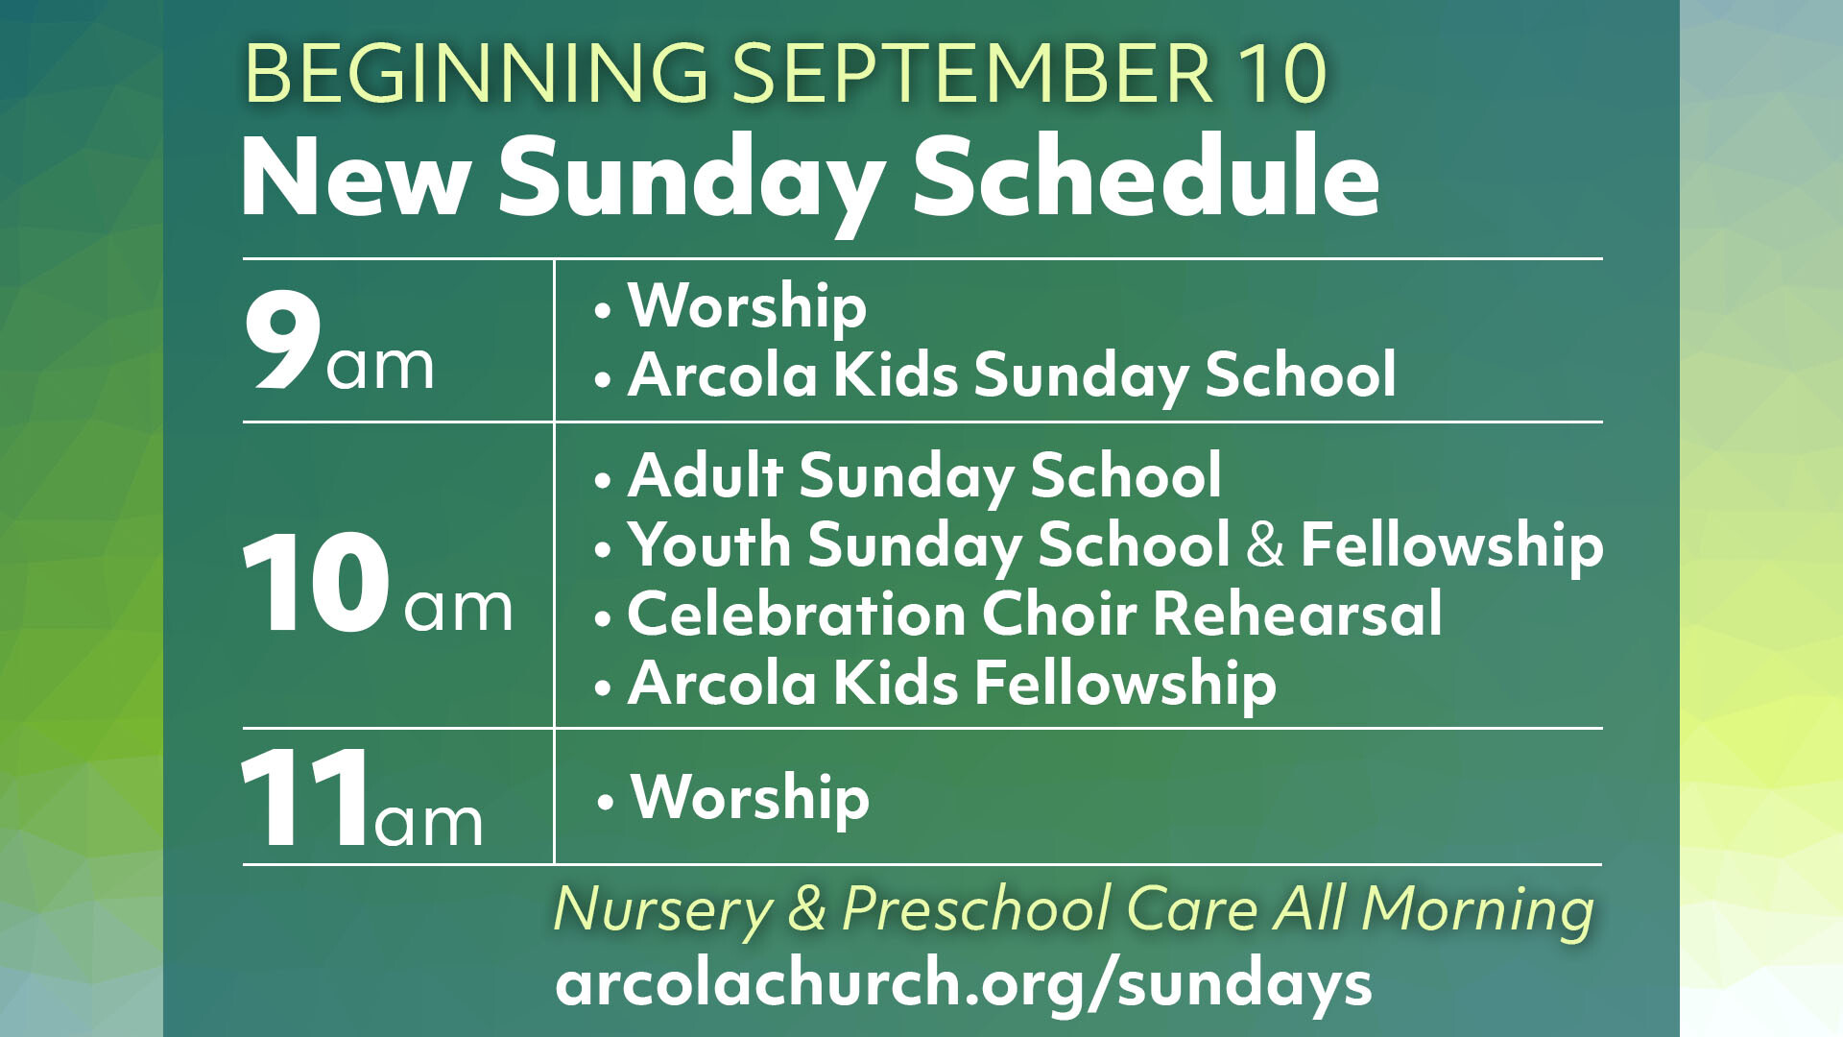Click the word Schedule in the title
(x=1146, y=177)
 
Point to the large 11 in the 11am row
(x=305, y=797)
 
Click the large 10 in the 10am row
(x=316, y=582)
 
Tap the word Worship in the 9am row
(x=747, y=308)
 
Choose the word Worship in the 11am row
(x=751, y=799)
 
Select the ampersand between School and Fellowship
(x=1265, y=544)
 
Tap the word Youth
(x=708, y=545)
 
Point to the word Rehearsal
(x=1297, y=614)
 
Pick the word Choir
(x=1059, y=614)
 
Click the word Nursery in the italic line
(x=663, y=910)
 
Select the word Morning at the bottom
(x=1477, y=910)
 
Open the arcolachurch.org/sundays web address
(x=964, y=985)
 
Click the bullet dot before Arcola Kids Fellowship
(x=602, y=688)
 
